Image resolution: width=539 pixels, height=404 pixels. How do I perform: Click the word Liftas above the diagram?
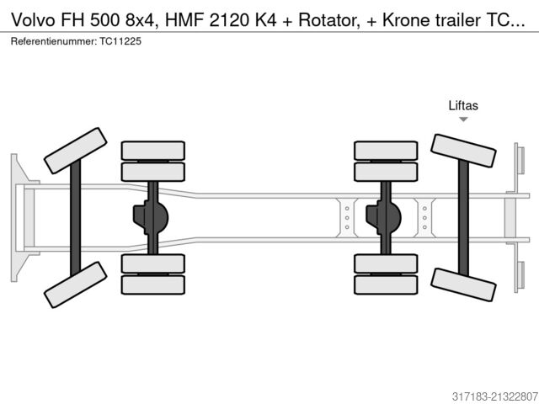(x=462, y=105)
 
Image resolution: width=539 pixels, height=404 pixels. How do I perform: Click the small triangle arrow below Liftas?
(x=463, y=120)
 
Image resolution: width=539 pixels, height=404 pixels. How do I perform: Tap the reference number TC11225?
(x=120, y=40)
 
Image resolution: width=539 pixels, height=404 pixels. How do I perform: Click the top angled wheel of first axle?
(x=75, y=150)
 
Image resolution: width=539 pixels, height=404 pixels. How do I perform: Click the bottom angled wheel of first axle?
(x=75, y=284)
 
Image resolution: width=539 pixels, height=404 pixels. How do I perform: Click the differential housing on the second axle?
(x=151, y=217)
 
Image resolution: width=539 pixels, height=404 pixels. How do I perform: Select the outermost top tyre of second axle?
(x=152, y=150)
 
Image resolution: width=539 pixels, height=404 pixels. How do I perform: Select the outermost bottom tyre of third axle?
(x=386, y=284)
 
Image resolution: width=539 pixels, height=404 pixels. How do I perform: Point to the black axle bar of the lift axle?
(x=462, y=217)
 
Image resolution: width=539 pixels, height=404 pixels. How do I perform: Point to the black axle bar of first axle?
(x=75, y=217)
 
